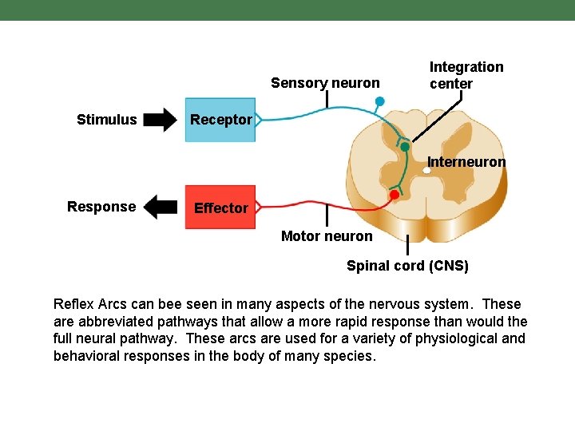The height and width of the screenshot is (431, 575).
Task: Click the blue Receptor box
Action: [x=220, y=120]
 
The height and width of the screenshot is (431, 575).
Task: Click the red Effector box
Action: [x=220, y=208]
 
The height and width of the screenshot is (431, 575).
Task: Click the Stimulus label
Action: [x=106, y=120]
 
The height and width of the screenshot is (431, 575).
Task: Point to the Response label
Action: [x=101, y=207]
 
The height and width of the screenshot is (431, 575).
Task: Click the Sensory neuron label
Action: [x=325, y=83]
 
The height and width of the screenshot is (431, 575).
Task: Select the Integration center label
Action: [x=466, y=75]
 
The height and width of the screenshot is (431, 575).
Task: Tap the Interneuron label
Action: [x=466, y=162]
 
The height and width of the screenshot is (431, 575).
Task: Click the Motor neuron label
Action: [x=327, y=236]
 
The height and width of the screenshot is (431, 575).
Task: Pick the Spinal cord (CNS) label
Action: [x=407, y=266]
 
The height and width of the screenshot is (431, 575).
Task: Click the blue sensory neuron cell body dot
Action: [x=380, y=101]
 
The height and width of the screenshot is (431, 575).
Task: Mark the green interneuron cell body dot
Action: [x=405, y=147]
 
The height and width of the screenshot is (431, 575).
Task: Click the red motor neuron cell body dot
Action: [x=394, y=195]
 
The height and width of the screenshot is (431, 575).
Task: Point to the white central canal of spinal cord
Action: [x=427, y=170]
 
